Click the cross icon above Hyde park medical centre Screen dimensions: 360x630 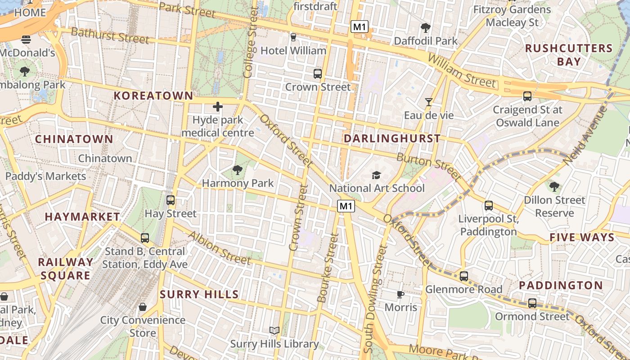point(218,107)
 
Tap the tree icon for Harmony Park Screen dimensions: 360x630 point(237,170)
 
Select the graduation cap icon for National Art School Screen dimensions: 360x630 point(376,175)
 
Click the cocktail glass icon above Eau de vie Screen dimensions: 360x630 point(428,102)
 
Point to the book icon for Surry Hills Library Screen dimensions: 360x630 point(274,331)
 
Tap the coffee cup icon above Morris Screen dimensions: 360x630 point(400,294)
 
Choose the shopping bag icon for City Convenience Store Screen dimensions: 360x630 point(143,307)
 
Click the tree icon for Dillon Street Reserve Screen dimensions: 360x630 point(554,186)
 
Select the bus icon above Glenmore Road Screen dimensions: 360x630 point(464,276)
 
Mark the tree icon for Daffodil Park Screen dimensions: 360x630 point(425,28)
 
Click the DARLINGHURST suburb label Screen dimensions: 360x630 point(392,139)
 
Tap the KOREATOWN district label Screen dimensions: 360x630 point(153,95)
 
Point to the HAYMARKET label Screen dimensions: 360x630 point(82,217)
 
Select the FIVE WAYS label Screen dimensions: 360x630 point(582,237)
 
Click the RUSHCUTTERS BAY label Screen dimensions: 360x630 point(569,55)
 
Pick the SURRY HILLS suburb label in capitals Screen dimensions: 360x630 point(199,295)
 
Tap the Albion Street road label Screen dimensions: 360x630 point(219,248)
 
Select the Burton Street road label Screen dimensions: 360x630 point(428,166)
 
